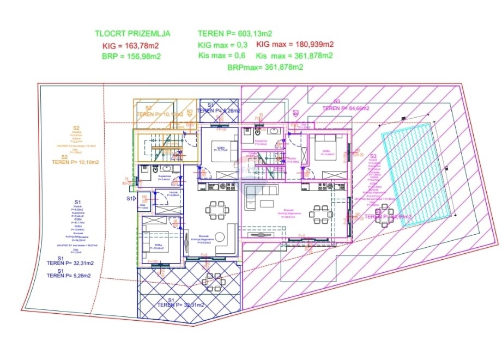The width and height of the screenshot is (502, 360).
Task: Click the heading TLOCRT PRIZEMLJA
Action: (132, 34)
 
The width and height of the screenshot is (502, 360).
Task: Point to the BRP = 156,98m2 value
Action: (131, 57)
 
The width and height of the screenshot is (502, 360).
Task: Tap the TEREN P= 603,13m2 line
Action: (235, 34)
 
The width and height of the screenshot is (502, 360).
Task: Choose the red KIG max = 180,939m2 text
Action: (295, 45)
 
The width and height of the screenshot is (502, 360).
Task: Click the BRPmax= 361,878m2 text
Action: (265, 67)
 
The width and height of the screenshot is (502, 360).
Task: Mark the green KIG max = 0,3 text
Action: (222, 45)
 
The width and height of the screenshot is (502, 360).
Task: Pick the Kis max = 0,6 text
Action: (221, 56)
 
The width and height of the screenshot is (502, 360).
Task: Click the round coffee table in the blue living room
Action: (220, 237)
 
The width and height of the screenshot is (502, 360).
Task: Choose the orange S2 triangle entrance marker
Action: (190, 113)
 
